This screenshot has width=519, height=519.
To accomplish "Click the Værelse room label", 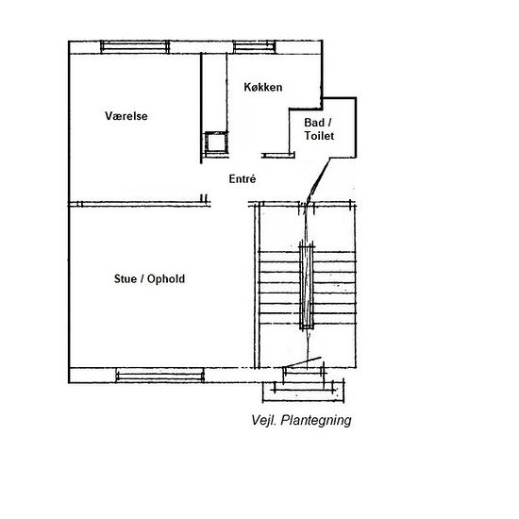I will point(126,116).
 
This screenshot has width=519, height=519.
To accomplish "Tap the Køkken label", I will point(263,87).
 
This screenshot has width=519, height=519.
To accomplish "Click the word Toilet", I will point(319,137).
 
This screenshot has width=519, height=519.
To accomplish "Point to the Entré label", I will point(243,178).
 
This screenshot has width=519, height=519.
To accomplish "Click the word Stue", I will point(126,279).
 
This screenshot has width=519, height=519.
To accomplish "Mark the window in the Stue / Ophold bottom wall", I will point(158,375).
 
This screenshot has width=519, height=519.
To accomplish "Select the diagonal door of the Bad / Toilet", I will point(315,181).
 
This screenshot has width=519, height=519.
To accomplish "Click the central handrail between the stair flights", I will point(304,283).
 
